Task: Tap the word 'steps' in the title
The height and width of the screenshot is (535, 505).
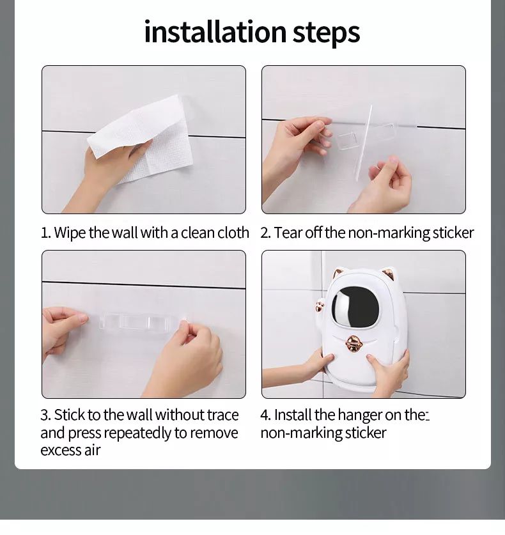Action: (327, 33)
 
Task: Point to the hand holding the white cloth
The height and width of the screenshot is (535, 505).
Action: (109, 174)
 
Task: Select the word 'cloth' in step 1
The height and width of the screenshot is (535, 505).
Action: (233, 233)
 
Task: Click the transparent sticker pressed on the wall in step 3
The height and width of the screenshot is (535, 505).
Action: (139, 322)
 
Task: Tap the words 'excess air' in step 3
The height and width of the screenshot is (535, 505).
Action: (70, 451)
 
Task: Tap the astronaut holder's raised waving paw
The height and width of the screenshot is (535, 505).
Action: (320, 304)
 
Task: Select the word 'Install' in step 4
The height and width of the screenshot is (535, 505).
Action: (292, 415)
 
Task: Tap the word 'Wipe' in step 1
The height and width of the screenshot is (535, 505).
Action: (70, 233)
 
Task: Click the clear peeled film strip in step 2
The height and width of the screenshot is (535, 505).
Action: (363, 143)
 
